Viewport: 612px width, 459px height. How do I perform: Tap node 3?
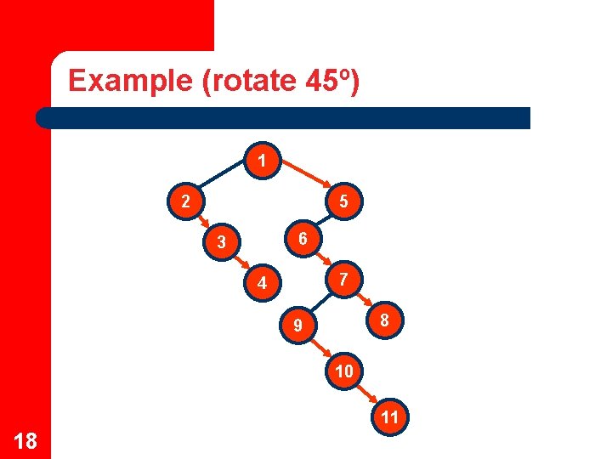pos(220,243)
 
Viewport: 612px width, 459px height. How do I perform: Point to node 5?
pos(342,202)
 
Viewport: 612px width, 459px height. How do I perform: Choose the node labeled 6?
pos(303,239)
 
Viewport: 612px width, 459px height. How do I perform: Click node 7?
pos(342,279)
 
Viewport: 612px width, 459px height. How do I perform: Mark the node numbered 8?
pos(384,320)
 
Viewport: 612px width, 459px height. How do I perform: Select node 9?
pos(297,326)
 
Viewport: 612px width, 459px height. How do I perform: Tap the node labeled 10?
pos(344,371)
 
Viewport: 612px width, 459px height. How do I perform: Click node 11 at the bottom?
pos(390,417)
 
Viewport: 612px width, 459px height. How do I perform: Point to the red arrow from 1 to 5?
pos(306,179)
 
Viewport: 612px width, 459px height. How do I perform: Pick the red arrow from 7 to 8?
pos(363,299)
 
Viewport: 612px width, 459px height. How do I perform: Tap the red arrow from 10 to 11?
pos(367,394)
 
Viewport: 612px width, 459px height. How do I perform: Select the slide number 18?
pos(25,439)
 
